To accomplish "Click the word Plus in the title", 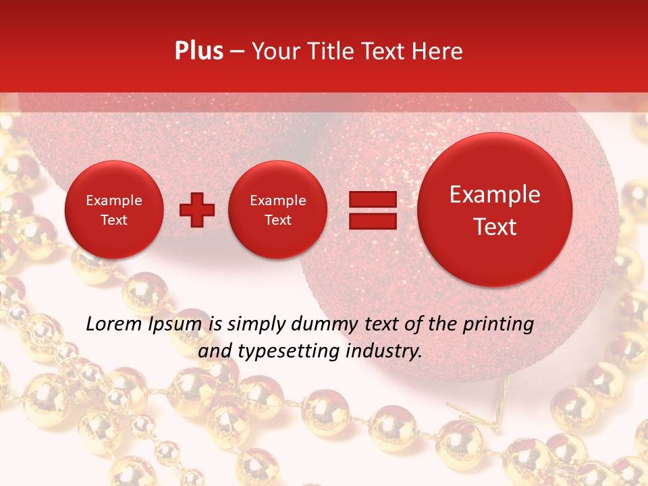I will [198, 51].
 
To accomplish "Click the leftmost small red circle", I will [113, 209].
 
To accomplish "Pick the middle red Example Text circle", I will [277, 209].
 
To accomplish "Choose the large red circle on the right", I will [495, 210].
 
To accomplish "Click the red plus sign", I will [197, 209].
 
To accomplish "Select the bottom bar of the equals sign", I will [373, 221].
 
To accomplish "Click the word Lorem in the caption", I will [113, 324].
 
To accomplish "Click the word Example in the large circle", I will [495, 195].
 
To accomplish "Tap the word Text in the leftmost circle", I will [113, 220].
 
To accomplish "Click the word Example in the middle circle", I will [277, 200].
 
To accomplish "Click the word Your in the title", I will [273, 51].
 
